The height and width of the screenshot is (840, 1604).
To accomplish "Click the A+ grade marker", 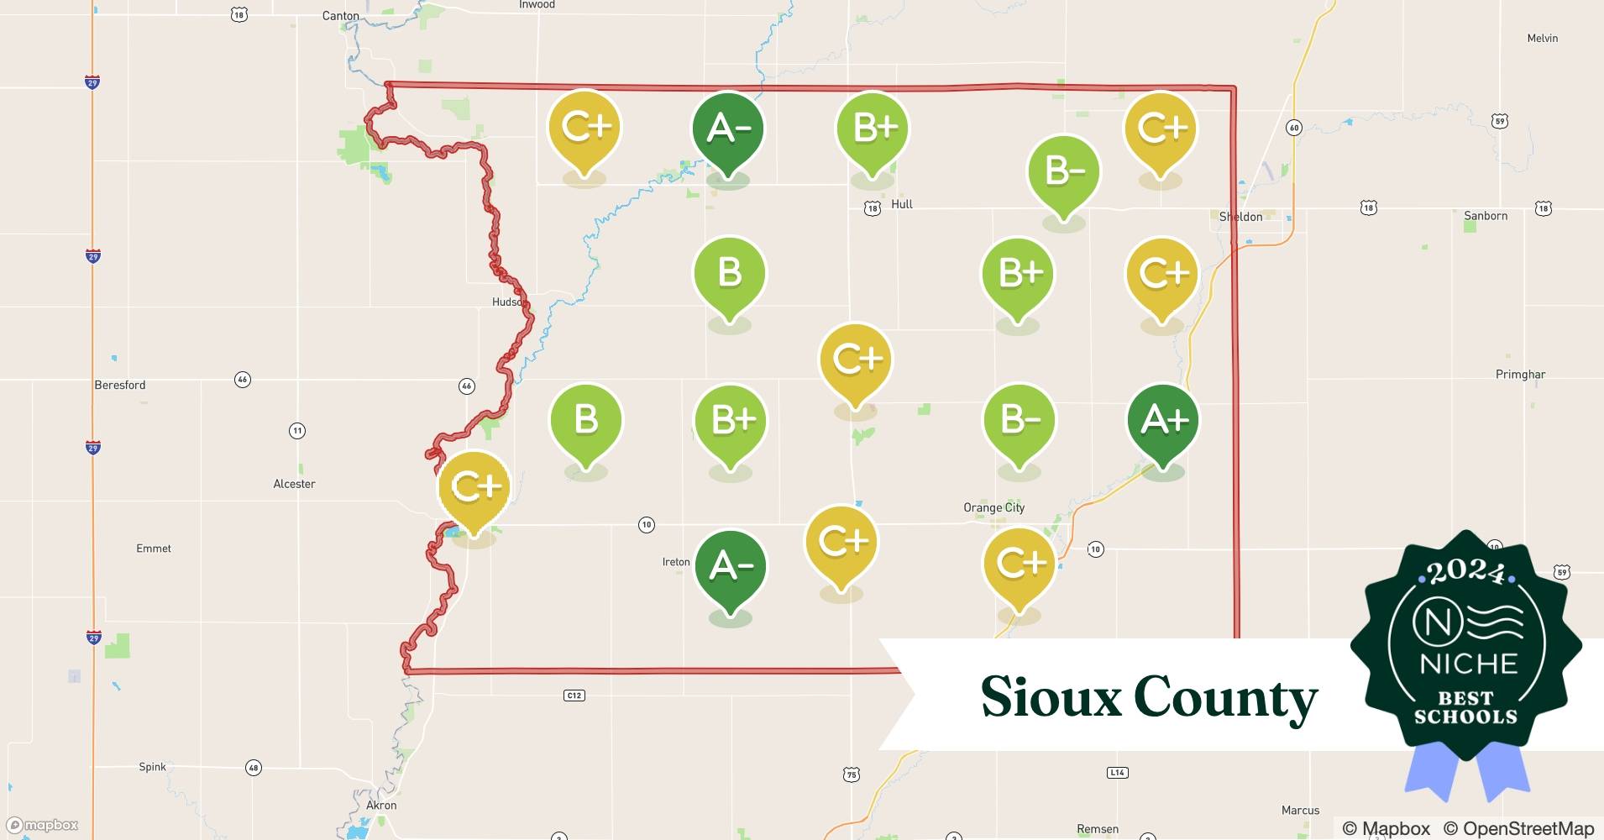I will pos(1163,420).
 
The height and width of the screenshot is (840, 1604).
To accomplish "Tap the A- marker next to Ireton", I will pos(730,566).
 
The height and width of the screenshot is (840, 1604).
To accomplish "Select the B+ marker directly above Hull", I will pos(873,128).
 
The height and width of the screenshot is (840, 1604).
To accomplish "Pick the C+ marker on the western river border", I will pos(474,486).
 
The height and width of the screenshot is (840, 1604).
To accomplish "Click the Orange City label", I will pos(993,507).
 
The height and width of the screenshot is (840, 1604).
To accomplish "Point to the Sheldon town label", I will pos(1240,217).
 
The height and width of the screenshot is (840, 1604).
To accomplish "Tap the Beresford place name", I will pos(119,385).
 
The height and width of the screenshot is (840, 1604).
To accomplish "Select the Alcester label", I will pos(294,484).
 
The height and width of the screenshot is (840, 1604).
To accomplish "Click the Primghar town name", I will pos(1520,375).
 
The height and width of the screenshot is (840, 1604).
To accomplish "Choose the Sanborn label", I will pos(1486,216).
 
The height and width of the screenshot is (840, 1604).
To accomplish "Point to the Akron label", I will pos(381,805).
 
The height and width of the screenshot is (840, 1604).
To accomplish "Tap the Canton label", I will pos(341,16).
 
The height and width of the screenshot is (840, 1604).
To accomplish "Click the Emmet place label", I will pos(154,549).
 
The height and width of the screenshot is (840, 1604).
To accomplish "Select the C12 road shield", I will pos(574,696).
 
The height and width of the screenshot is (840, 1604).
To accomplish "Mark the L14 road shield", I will pos(1117,773).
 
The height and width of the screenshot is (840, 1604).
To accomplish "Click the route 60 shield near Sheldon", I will pos(1293,128).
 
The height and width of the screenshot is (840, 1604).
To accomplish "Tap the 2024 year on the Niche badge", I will pos(1465,573).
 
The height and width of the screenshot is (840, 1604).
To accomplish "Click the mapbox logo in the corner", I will pos(43,825).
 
